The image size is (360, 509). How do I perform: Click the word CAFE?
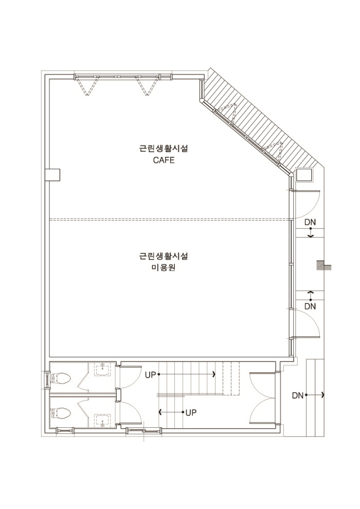(x=164, y=160)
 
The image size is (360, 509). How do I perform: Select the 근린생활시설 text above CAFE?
(x=164, y=149)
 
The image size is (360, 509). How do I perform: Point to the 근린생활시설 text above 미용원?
(x=164, y=256)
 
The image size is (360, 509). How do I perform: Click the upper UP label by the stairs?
(x=150, y=375)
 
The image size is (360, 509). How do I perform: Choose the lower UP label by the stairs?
(x=191, y=412)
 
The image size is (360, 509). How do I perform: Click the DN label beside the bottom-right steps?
(x=298, y=395)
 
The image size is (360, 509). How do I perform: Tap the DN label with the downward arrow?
(x=310, y=222)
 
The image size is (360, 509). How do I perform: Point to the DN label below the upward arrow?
(x=310, y=306)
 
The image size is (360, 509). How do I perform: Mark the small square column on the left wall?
(x=53, y=175)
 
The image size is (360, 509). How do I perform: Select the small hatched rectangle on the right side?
(x=323, y=265)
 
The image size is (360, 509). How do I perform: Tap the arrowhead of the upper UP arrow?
(x=213, y=375)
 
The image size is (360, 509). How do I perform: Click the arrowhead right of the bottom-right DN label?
(x=323, y=395)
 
